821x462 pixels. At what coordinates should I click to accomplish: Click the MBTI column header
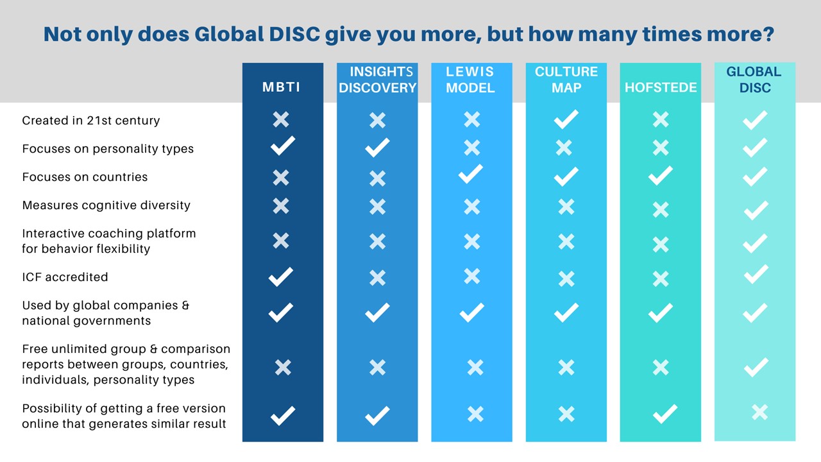(x=281, y=87)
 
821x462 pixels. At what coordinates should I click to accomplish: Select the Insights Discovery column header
(x=377, y=80)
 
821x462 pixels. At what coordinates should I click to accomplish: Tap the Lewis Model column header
(x=471, y=80)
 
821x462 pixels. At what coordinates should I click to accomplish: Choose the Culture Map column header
(x=566, y=80)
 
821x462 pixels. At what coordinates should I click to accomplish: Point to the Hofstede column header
(x=661, y=87)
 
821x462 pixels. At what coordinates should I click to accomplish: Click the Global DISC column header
(x=754, y=80)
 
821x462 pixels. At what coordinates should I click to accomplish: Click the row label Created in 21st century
(x=91, y=121)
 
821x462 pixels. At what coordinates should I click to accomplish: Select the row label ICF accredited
(x=65, y=277)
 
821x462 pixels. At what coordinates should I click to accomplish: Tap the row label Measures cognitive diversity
(x=106, y=205)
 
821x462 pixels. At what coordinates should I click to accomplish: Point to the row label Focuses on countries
(x=85, y=177)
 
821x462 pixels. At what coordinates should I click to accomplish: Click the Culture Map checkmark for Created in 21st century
(x=566, y=119)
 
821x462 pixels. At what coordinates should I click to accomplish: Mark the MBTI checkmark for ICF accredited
(x=281, y=277)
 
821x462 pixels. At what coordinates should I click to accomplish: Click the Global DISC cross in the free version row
(x=759, y=412)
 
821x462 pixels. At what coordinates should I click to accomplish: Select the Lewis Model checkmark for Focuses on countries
(x=471, y=175)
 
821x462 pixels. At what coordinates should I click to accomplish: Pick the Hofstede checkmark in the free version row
(x=664, y=414)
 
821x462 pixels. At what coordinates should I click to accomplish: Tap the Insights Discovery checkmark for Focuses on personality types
(x=377, y=148)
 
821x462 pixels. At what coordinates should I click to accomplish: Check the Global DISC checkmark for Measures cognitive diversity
(x=756, y=209)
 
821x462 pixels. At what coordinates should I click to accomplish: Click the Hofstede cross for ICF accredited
(x=661, y=278)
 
